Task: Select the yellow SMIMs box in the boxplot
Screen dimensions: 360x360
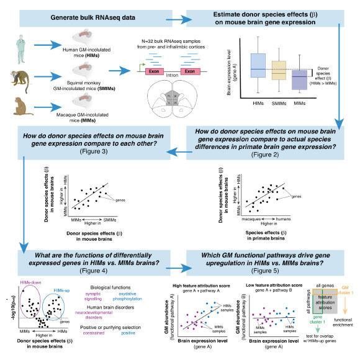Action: click(279, 70)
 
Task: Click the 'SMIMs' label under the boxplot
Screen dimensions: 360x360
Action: click(279, 104)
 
